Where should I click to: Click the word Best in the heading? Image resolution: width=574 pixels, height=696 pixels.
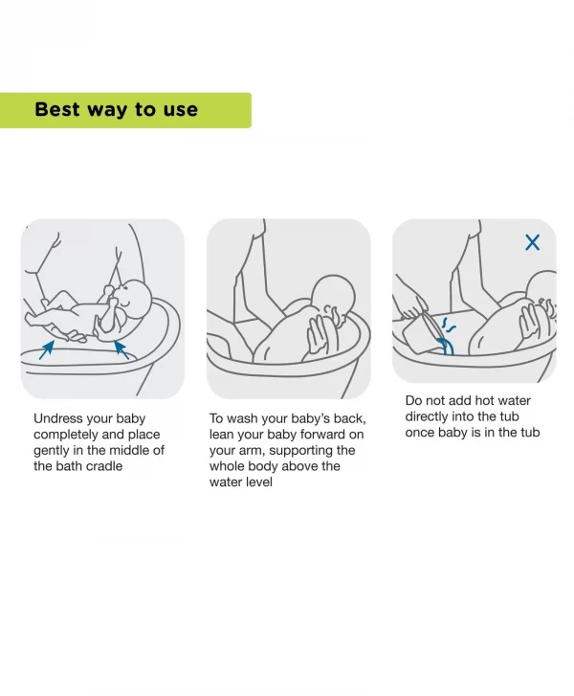point(56,109)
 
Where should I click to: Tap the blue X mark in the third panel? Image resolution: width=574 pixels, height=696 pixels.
point(533,242)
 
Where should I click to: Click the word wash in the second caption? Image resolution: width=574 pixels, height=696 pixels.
point(244,418)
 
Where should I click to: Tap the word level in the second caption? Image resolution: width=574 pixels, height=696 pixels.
point(257,482)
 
